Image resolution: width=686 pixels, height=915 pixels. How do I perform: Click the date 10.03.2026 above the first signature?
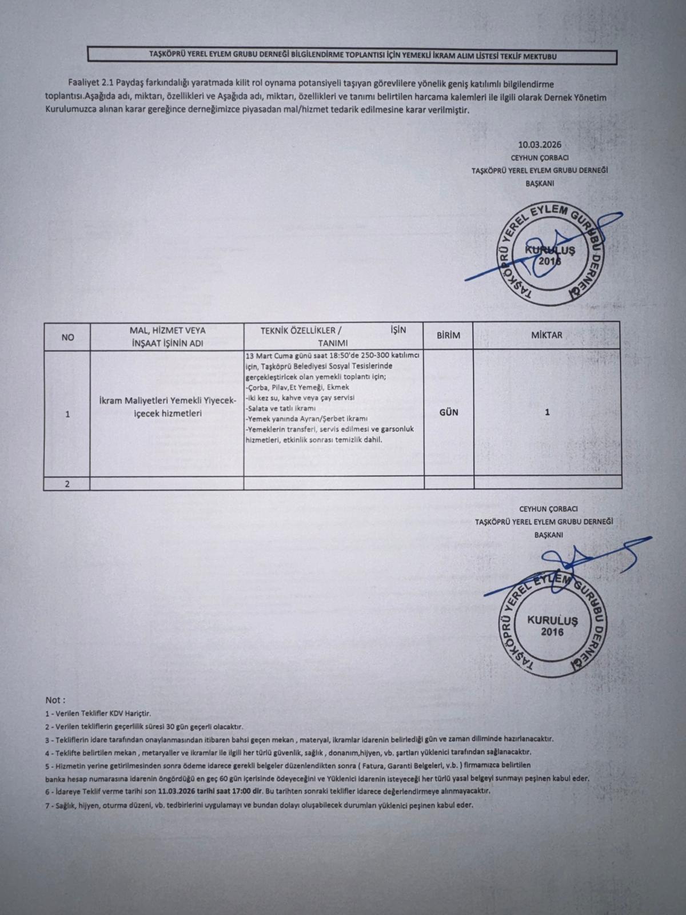pos(539,145)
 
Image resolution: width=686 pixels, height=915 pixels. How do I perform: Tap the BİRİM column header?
pos(448,336)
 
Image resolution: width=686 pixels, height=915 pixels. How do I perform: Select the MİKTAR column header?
pos(547,335)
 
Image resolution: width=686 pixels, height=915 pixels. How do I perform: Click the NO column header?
pos(67,337)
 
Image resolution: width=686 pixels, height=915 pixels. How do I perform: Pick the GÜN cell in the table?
pos(448,412)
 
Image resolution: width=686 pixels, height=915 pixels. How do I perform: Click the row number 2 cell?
pos(67,484)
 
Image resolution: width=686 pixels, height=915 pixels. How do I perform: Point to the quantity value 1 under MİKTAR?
pos(547,412)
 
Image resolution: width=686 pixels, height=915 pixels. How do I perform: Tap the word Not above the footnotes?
pos(55,700)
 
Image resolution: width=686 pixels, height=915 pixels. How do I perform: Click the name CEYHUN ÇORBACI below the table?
pos(544,508)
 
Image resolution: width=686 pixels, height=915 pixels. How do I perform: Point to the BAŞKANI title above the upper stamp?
pos(539,184)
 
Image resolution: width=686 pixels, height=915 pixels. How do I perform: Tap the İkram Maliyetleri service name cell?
pos(166,407)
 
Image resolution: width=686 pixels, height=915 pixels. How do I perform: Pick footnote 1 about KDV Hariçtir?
pos(98,714)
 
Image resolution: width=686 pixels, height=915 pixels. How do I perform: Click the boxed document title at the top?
pos(352,57)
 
